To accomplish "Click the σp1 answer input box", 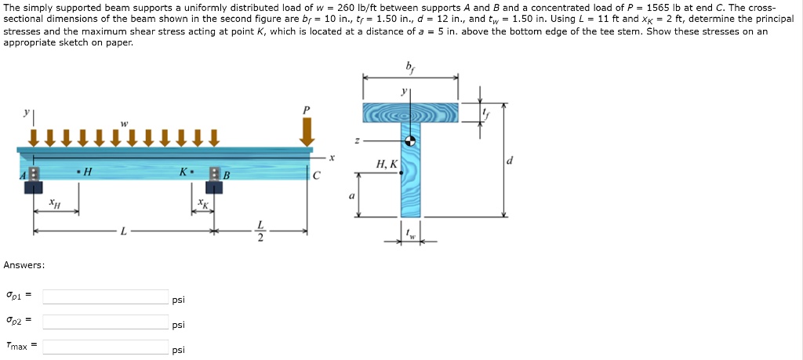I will coord(105,296).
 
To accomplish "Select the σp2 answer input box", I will coord(105,322).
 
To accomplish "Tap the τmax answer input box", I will coord(105,347).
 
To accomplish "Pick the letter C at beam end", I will coord(316,175).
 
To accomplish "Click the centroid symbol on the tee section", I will coord(409,142).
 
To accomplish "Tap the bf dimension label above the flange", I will coord(410,67).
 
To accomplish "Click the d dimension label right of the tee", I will coord(511,161).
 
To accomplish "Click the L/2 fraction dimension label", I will coord(261,231).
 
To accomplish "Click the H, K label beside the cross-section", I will coord(387,164).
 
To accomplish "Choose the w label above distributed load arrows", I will coord(123,122).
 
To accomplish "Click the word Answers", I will coord(24,265).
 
